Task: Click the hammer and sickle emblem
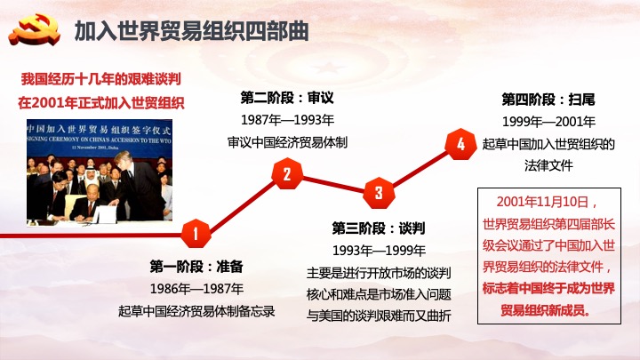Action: coord(35,30)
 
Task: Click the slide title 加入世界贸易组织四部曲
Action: coord(191,31)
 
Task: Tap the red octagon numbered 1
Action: coord(196,234)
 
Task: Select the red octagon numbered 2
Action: coord(287,174)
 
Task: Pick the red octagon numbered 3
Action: coord(379,193)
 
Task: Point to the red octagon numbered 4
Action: coord(460,144)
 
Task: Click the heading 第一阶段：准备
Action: coord(196,267)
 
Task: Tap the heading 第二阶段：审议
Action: coord(287,98)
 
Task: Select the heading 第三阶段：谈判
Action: coord(379,228)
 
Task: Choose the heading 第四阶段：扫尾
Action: coord(548,100)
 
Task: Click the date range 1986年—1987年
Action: coord(196,289)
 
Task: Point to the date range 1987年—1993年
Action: coord(287,120)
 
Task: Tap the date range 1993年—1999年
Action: coord(379,251)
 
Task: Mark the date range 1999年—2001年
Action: coord(548,122)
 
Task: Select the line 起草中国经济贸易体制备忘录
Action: coord(196,311)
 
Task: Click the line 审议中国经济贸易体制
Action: coord(287,142)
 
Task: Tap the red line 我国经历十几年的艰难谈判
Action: coord(100,79)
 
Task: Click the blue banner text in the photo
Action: coord(100,134)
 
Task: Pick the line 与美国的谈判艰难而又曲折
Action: coord(379,316)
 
